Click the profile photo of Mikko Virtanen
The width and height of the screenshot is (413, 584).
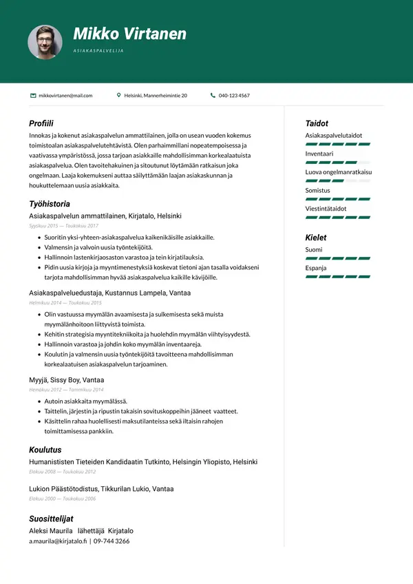pyautogui.click(x=45, y=42)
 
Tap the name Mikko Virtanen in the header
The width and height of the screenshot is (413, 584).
pyautogui.click(x=129, y=34)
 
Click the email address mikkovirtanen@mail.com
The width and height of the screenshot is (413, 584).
pyautogui.click(x=65, y=96)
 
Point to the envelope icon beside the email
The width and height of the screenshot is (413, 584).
pyautogui.click(x=33, y=96)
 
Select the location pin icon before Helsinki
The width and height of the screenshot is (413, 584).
pyautogui.click(x=119, y=96)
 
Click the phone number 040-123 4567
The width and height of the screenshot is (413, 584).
pyautogui.click(x=234, y=96)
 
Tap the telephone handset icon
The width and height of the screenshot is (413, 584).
pyautogui.click(x=213, y=96)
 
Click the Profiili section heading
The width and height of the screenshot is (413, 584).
pyautogui.click(x=41, y=123)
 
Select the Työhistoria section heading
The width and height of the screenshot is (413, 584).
pyautogui.click(x=50, y=204)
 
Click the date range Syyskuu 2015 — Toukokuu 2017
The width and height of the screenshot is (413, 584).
pyautogui.click(x=63, y=226)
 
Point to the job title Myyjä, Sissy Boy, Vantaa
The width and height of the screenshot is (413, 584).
pyautogui.click(x=67, y=379)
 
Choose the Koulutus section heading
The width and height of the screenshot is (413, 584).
pyautogui.click(x=45, y=450)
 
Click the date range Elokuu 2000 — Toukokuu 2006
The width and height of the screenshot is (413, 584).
pyautogui.click(x=62, y=499)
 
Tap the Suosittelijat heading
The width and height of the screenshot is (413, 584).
pyautogui.click(x=51, y=519)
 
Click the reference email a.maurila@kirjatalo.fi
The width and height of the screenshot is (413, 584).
pyautogui.click(x=58, y=541)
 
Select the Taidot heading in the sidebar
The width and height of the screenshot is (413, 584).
pyautogui.click(x=317, y=123)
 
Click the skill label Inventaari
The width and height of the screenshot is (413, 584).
pyautogui.click(x=319, y=154)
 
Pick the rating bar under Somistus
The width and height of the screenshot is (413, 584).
pyautogui.click(x=338, y=198)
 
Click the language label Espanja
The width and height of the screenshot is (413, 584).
pyautogui.click(x=316, y=268)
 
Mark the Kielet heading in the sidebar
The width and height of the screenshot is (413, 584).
pyautogui.click(x=316, y=238)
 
